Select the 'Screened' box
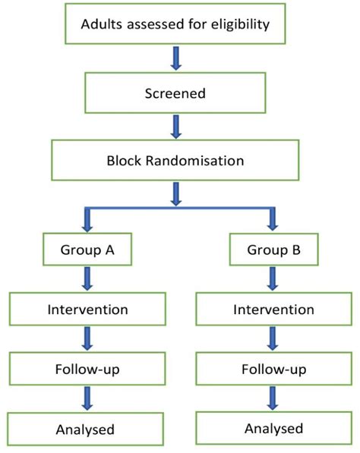(176, 93)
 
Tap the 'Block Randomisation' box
(176, 159)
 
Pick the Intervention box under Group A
(87, 309)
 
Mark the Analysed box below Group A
(85, 429)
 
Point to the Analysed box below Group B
(274, 428)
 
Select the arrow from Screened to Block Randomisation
(176, 126)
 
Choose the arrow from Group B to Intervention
(273, 280)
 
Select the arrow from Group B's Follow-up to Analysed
(273, 398)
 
